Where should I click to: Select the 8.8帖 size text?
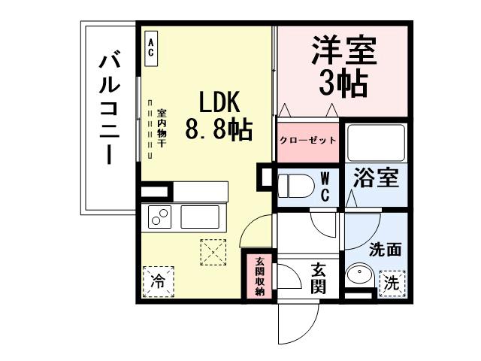tap(218, 130)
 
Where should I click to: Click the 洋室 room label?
tap(343, 53)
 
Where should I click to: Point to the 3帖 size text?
tap(343, 83)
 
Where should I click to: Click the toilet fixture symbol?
tap(295, 185)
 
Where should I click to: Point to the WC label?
tap(325, 187)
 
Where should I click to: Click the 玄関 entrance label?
tap(318, 278)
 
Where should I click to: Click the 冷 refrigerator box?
tap(156, 283)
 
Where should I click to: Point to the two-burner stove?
tap(160, 217)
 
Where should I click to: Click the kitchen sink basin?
tap(201, 217)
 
